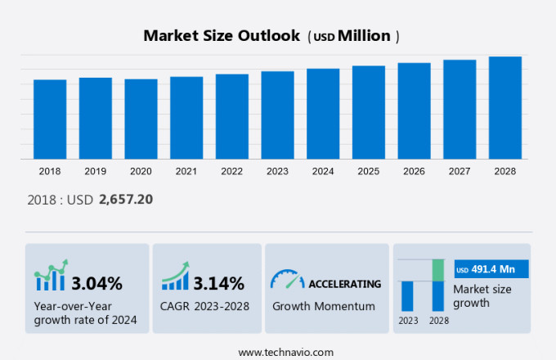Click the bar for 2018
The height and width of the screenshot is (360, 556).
tap(50, 119)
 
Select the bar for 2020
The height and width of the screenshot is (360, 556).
tap(141, 119)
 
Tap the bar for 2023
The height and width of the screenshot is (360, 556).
tap(277, 115)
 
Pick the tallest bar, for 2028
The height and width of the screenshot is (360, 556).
tap(505, 108)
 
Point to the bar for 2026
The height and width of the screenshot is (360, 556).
tap(414, 111)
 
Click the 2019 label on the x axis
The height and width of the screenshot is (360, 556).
tap(95, 171)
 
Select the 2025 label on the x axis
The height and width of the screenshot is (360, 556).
tap(368, 171)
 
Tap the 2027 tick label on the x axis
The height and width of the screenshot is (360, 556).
tap(460, 171)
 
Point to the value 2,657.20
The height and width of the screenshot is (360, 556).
tap(126, 199)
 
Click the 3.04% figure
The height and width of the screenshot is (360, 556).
tap(96, 284)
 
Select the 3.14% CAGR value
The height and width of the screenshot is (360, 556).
tap(218, 284)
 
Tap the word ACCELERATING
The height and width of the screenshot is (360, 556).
tap(344, 284)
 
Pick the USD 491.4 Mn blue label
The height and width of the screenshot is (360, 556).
tap(491, 269)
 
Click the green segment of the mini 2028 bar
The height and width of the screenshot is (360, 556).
tap(438, 270)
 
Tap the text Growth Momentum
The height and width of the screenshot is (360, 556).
tap(323, 306)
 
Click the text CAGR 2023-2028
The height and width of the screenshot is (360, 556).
tap(205, 306)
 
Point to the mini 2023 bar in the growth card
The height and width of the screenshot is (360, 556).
tap(407, 295)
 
